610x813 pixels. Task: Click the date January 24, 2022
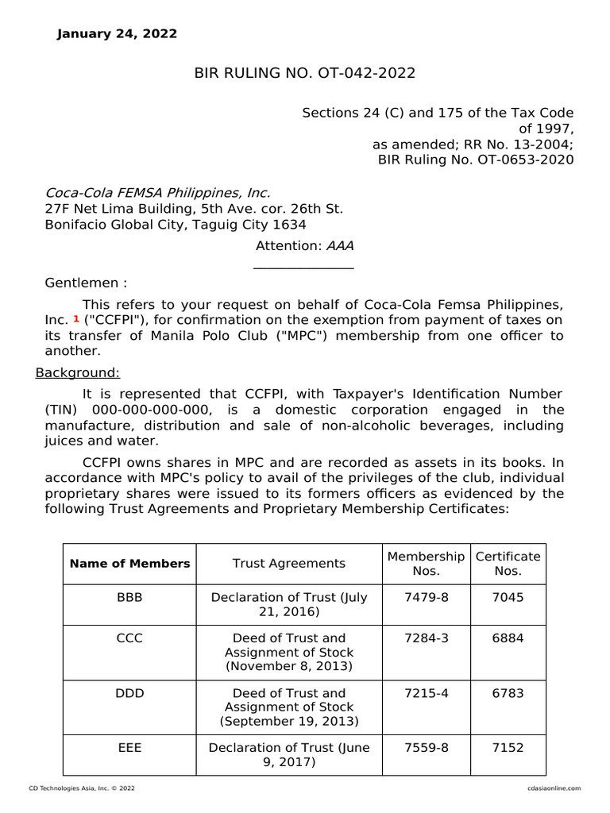coord(117,34)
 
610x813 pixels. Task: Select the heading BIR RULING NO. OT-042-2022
coord(305,74)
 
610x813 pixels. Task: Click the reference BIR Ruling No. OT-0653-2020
coord(475,160)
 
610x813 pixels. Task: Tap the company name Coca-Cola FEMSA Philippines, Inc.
coord(157,193)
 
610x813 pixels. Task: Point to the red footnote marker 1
coord(76,318)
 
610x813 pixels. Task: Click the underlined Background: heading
coord(78,372)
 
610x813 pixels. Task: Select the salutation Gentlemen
coord(85,283)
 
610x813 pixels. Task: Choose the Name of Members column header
coord(129,564)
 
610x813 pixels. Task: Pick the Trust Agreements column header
coord(289,564)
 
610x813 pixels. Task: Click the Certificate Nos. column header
coord(508,564)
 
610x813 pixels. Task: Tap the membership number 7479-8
coord(427,597)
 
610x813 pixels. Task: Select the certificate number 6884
coord(508,638)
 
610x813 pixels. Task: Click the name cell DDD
coord(129,693)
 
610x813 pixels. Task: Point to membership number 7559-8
coord(427,748)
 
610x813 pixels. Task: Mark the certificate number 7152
coord(508,748)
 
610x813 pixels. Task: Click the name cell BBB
coord(129,597)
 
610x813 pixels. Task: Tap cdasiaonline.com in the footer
coord(554,788)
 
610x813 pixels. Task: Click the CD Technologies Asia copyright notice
coord(82,788)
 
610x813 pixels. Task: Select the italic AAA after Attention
coord(340,246)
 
